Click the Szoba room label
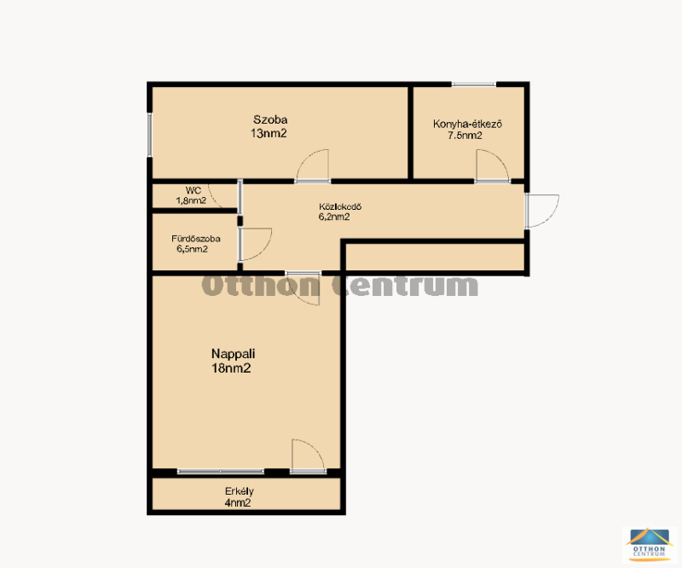[270, 119]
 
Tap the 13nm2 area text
[269, 134]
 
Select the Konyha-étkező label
[467, 124]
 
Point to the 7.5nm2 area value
[465, 136]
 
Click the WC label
[194, 191]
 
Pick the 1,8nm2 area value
[191, 200]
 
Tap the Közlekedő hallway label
[340, 206]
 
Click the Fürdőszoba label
[196, 239]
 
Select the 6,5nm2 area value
[192, 249]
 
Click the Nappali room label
[233, 353]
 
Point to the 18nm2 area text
[231, 368]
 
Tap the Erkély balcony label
[240, 491]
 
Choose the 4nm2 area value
[238, 503]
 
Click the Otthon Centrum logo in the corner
[650, 543]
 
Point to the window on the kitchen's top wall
[474, 84]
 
